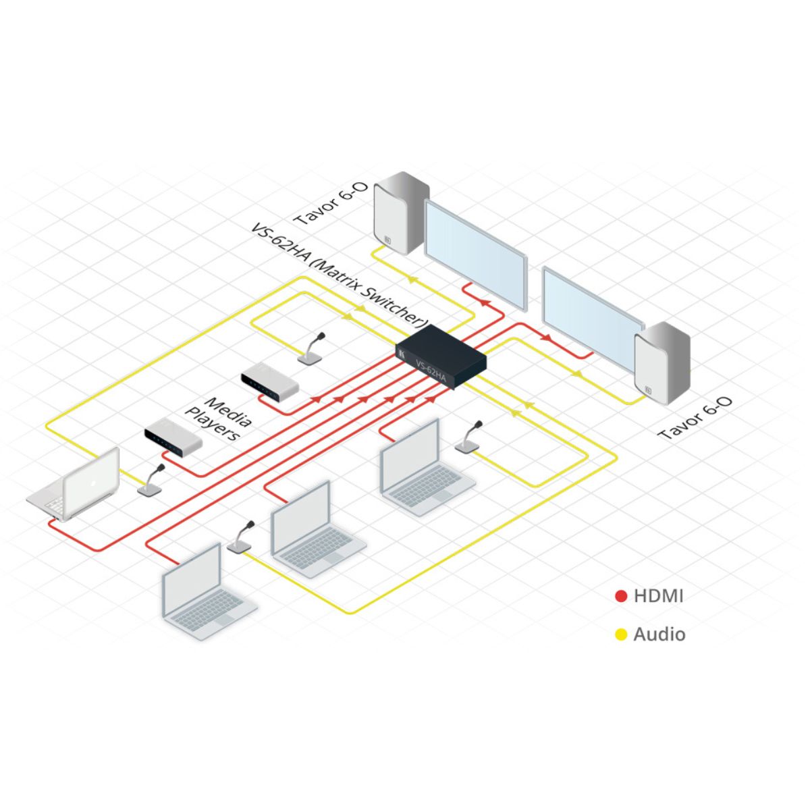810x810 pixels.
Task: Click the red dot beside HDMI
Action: pyautogui.click(x=621, y=596)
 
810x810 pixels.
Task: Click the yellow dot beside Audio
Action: pyautogui.click(x=621, y=634)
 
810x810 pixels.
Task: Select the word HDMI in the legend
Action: pyautogui.click(x=658, y=596)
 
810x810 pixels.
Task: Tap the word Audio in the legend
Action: pyautogui.click(x=659, y=634)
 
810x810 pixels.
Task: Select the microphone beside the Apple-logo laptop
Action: pyautogui.click(x=151, y=481)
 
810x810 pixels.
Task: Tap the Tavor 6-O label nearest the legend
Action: pyautogui.click(x=695, y=418)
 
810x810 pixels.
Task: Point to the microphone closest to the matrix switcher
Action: pyautogui.click(x=313, y=350)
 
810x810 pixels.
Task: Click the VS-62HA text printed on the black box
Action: pyautogui.click(x=431, y=371)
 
